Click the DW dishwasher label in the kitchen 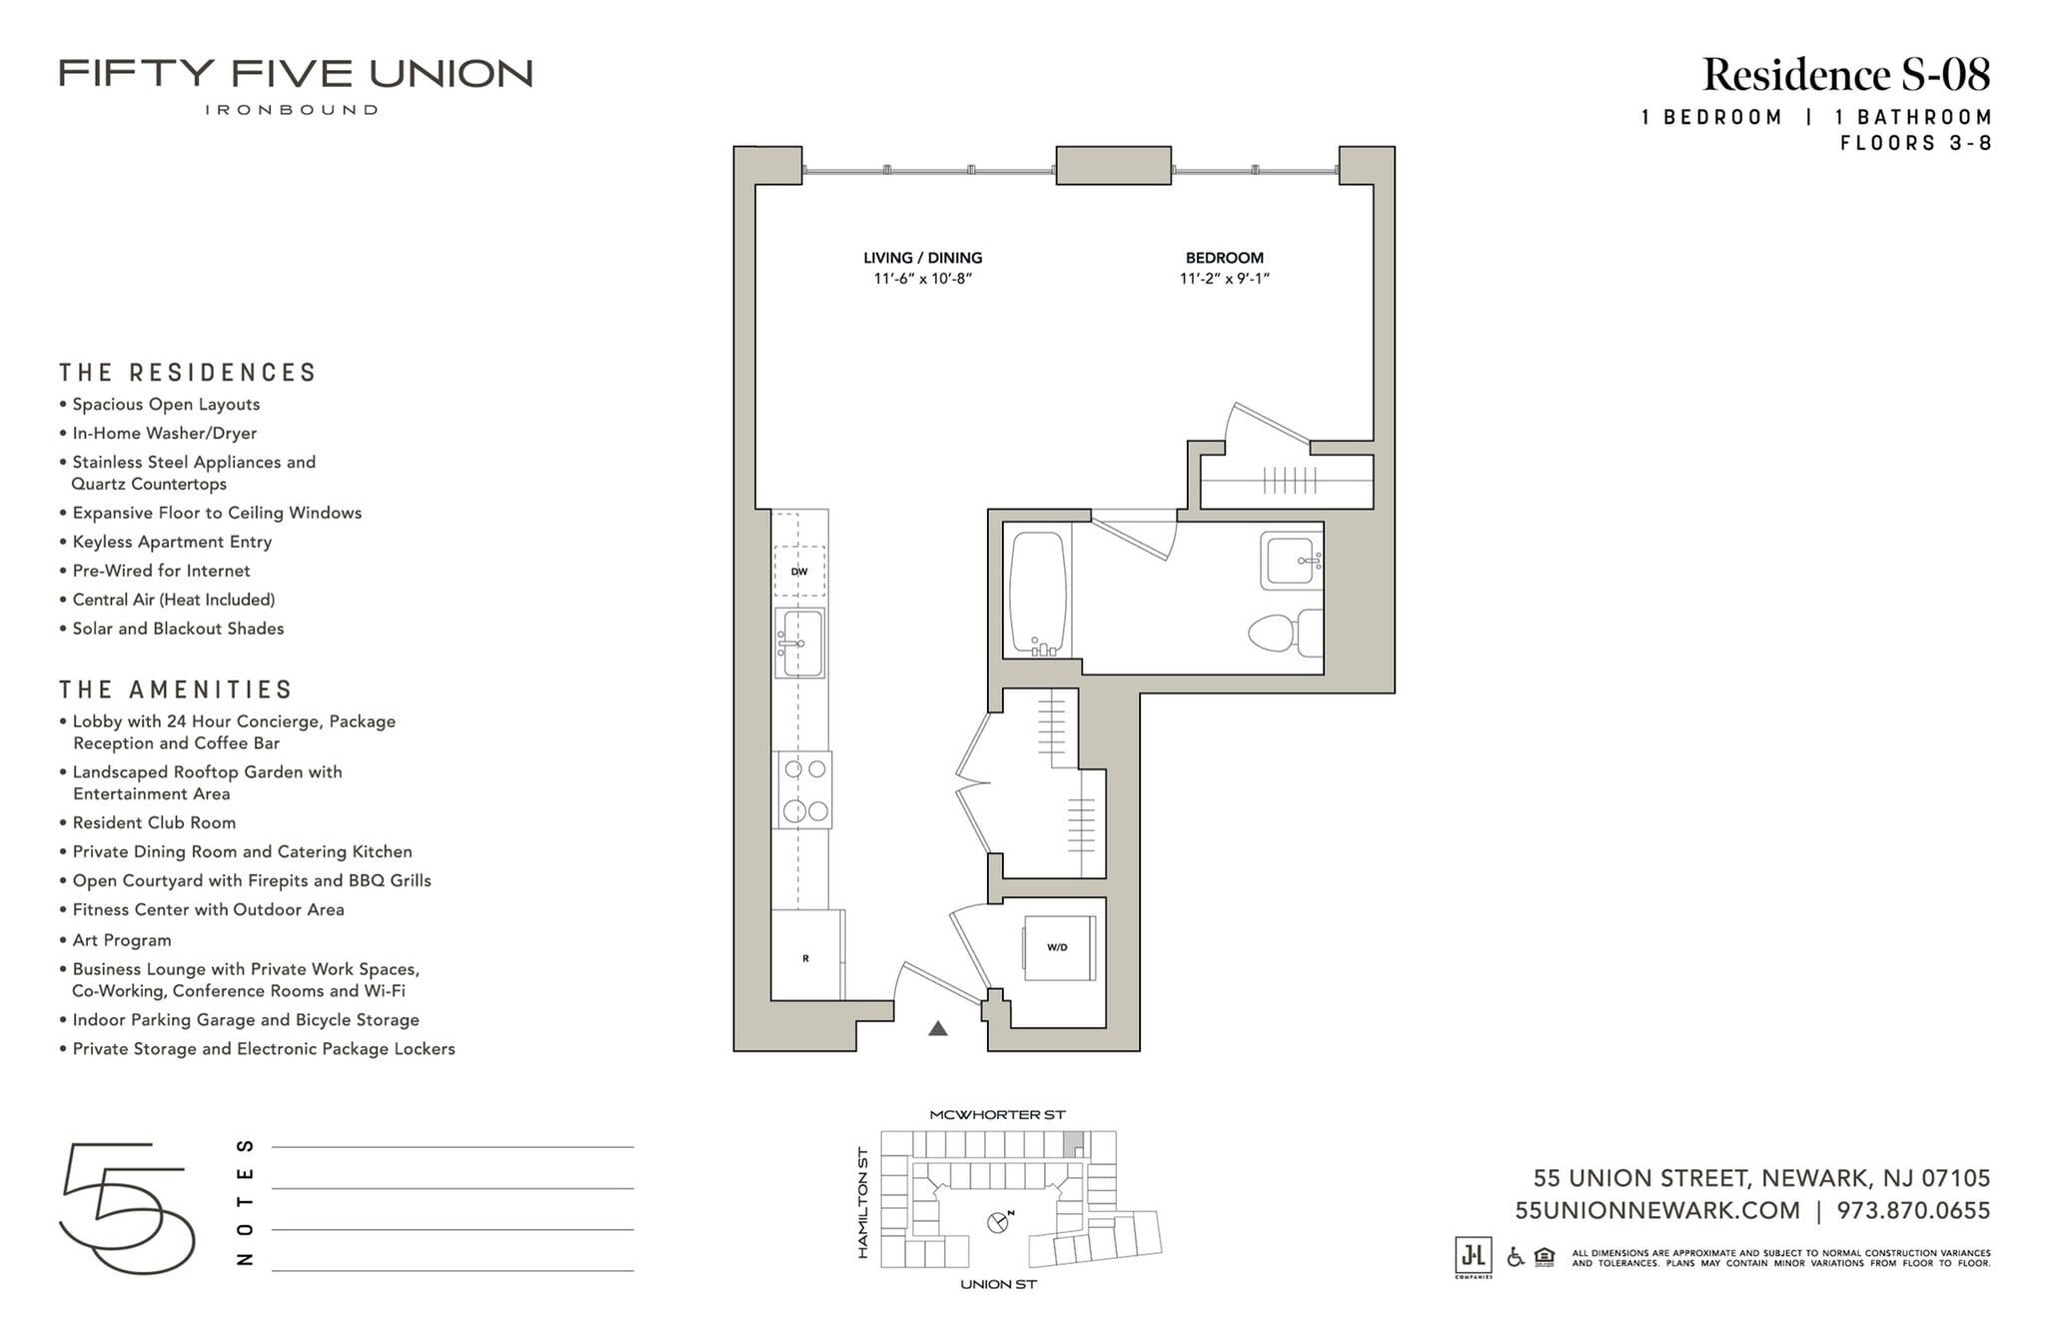point(799,572)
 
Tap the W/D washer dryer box point(1058,946)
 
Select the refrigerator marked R point(805,957)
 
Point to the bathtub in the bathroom point(1037,594)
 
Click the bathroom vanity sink point(1291,562)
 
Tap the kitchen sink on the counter point(800,643)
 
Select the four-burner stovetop point(804,789)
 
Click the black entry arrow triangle point(937,1028)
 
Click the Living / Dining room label point(922,258)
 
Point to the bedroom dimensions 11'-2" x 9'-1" point(1224,279)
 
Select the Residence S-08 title point(1845,75)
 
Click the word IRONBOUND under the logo point(292,110)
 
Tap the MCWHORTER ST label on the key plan point(997,1114)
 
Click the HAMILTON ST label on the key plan point(863,1202)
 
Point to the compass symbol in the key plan point(998,1221)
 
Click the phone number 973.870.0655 point(1912,1211)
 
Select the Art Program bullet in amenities point(122,940)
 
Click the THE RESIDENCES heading point(188,373)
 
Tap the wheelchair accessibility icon point(1515,1257)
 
